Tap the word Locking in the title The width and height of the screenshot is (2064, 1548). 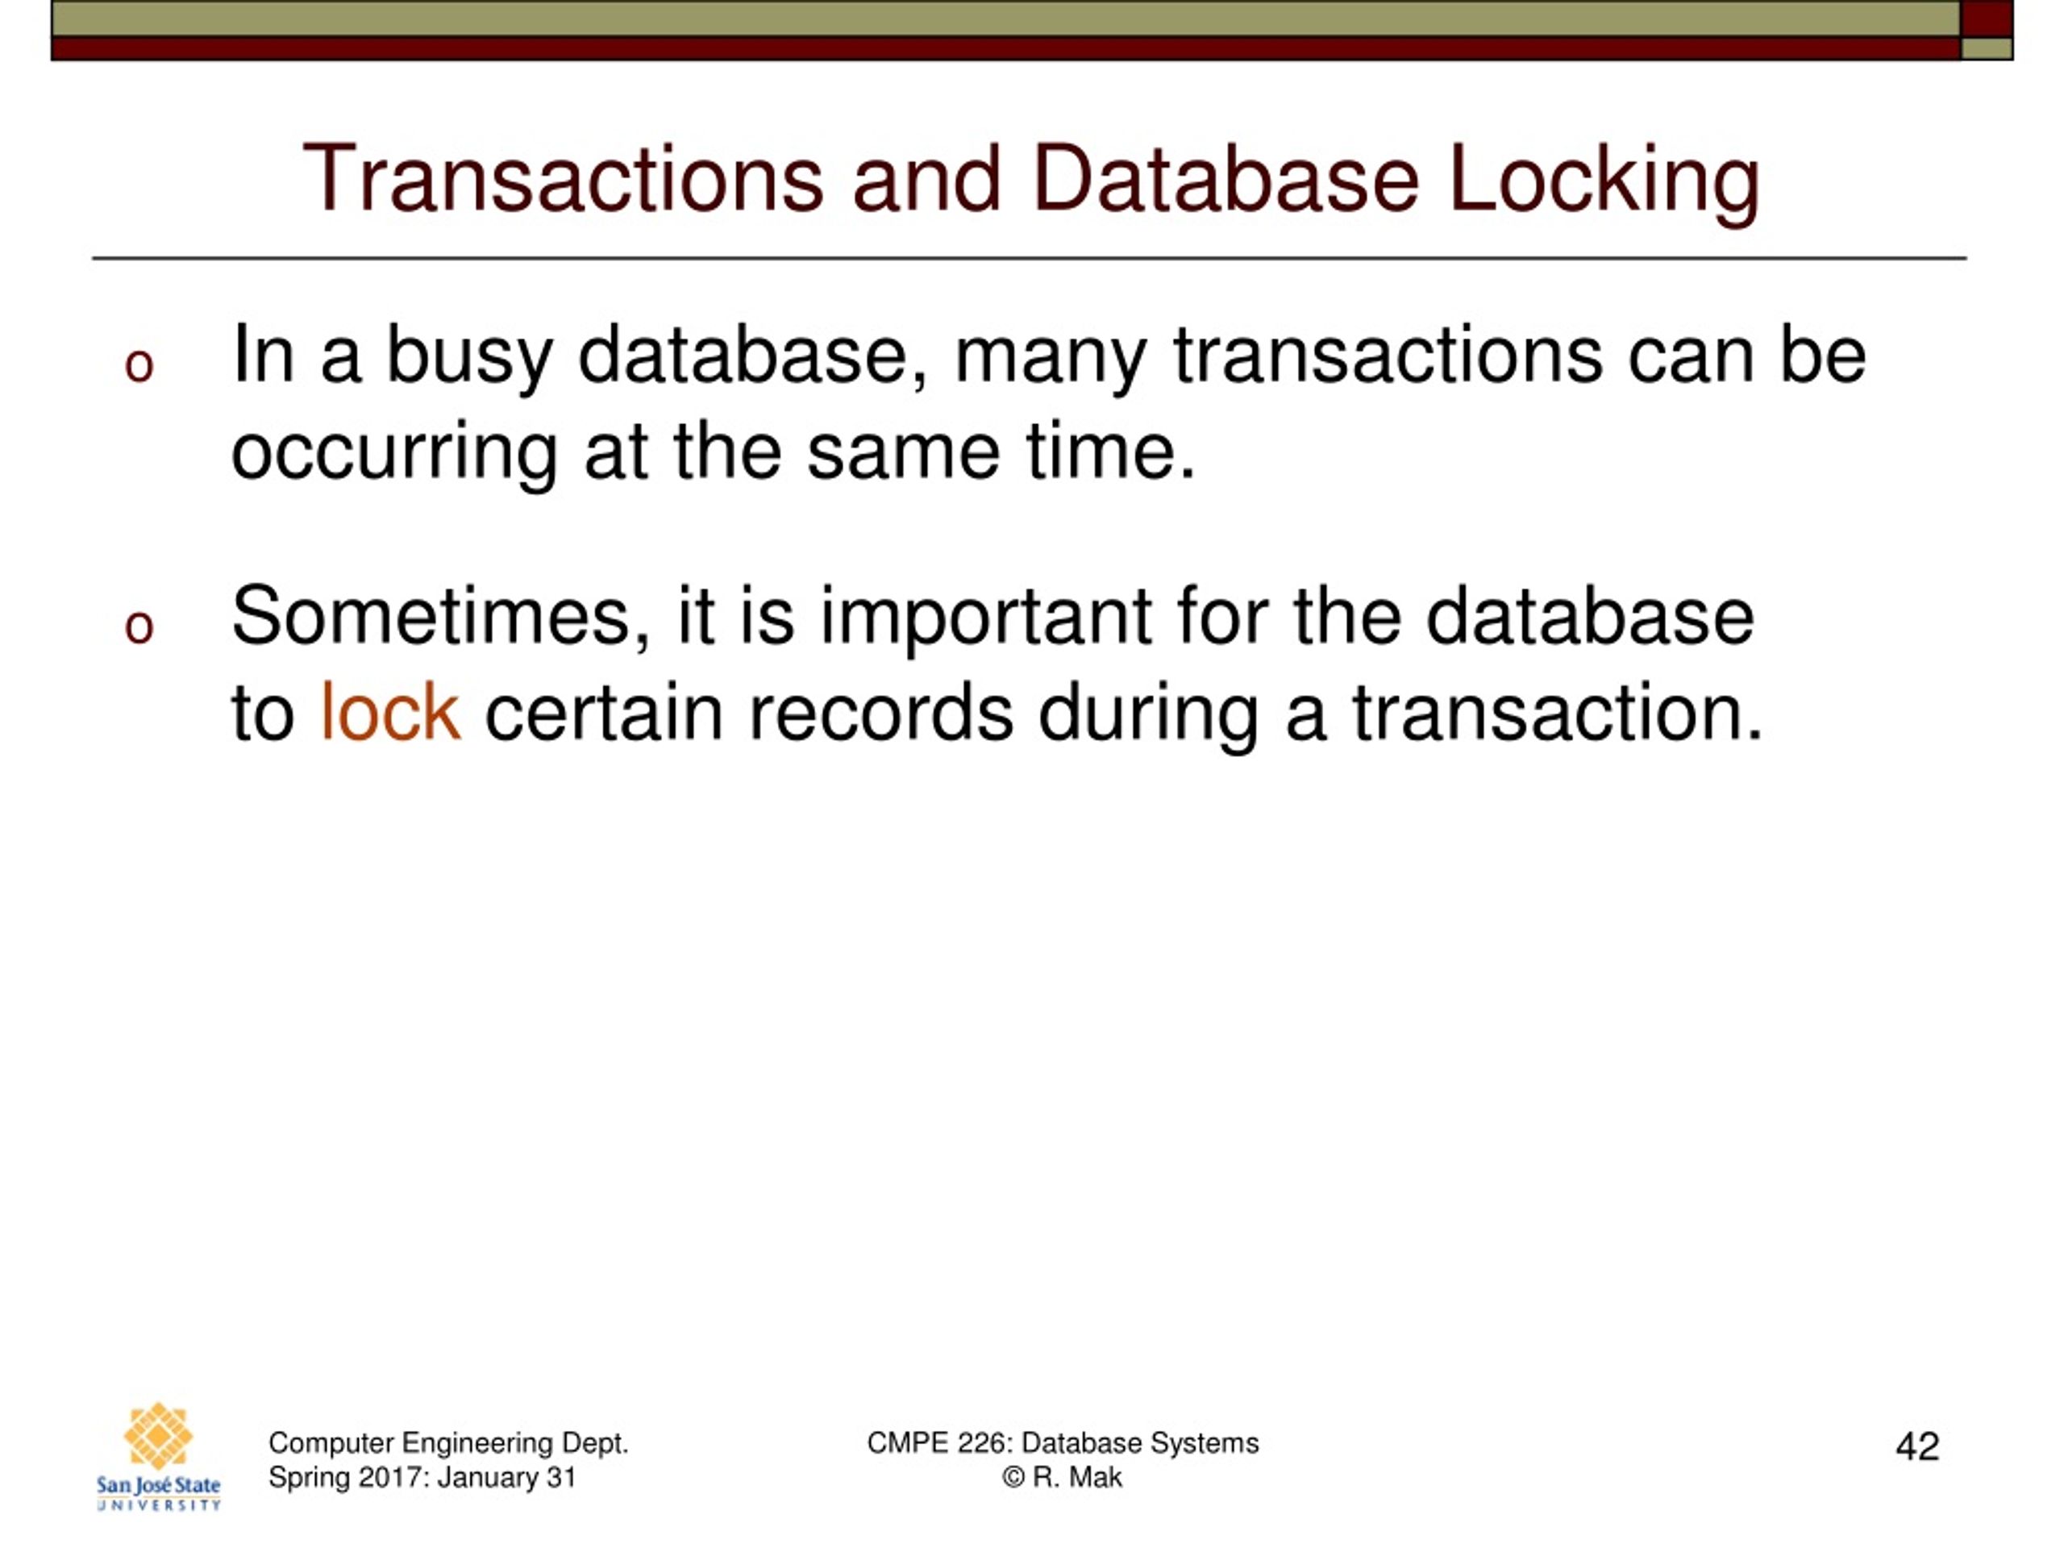1603,182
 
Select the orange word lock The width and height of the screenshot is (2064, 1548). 389,713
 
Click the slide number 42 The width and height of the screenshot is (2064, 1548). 1916,1446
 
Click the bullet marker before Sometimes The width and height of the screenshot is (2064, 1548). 139,626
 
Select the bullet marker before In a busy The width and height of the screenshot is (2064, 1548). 139,365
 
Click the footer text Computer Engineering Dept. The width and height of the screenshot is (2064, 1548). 448,1442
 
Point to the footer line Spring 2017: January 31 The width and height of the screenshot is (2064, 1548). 422,1477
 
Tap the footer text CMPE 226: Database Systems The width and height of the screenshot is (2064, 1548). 1062,1442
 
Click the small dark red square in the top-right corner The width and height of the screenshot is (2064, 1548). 1986,19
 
